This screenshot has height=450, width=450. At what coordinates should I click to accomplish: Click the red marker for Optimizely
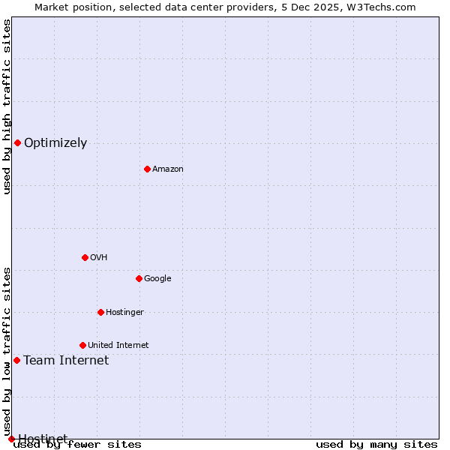point(17,142)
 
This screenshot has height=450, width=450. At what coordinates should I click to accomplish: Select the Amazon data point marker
point(147,169)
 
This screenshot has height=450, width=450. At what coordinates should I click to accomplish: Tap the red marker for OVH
point(85,257)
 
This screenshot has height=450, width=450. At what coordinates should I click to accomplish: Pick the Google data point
point(139,278)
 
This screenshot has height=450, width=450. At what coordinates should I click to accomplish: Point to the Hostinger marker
point(100,312)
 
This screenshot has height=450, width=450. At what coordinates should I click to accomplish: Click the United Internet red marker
point(82,345)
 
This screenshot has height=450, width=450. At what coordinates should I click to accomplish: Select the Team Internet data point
point(16,360)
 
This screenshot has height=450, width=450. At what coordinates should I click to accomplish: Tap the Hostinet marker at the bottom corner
point(11,439)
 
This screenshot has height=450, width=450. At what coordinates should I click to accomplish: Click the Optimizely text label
point(55,143)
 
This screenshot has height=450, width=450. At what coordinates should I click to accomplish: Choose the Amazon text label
point(168,169)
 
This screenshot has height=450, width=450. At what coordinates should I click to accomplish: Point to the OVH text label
point(98,258)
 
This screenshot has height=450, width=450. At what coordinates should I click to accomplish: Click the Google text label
point(157,279)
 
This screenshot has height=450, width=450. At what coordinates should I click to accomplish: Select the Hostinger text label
point(124,313)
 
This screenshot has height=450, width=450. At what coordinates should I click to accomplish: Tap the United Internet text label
point(118,346)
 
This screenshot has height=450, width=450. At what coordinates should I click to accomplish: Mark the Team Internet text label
point(66,361)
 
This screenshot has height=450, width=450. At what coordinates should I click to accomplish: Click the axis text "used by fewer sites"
point(77,444)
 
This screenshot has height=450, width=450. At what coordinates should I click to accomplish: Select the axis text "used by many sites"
point(376,444)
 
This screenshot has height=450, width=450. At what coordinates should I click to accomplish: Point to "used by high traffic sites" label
point(7,106)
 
